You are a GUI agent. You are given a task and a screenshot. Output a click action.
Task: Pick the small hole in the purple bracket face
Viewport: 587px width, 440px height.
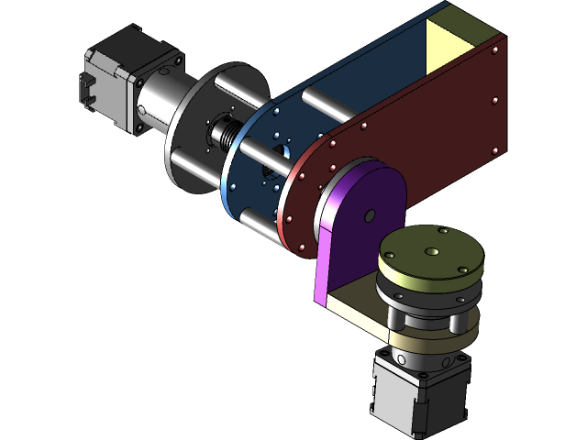370,216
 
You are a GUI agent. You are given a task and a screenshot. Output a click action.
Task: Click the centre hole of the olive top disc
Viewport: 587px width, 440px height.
429,250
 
